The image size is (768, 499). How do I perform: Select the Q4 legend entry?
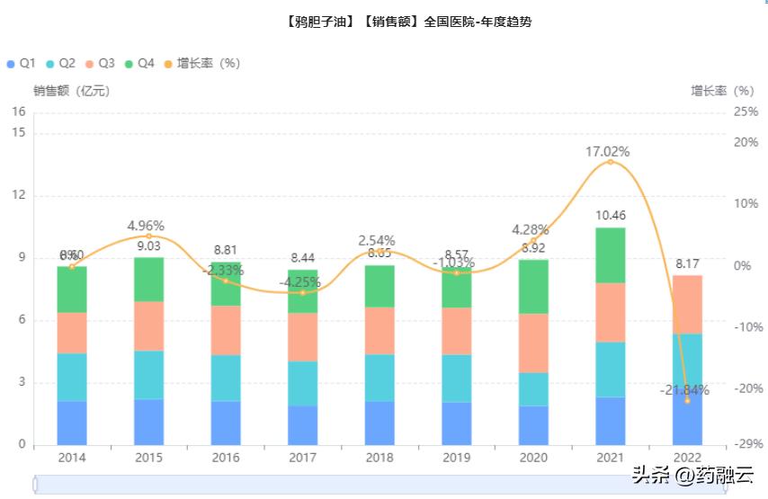(x=139, y=64)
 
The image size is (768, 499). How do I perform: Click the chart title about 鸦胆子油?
(x=405, y=21)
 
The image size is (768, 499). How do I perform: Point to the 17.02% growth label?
(x=608, y=151)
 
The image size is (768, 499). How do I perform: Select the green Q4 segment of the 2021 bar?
(x=611, y=255)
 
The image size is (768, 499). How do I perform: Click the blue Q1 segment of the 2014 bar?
(x=72, y=423)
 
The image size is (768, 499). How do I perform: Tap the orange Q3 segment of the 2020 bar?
(x=533, y=343)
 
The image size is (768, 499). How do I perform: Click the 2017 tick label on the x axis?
(x=303, y=458)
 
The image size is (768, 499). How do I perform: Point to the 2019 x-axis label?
(x=457, y=458)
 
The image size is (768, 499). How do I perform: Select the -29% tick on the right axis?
(x=746, y=445)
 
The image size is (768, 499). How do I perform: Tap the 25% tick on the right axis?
(x=746, y=112)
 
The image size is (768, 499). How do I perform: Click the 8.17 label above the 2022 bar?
(x=688, y=263)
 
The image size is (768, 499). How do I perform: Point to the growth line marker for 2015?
(x=149, y=236)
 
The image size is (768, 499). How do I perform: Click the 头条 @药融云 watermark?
(x=692, y=476)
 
